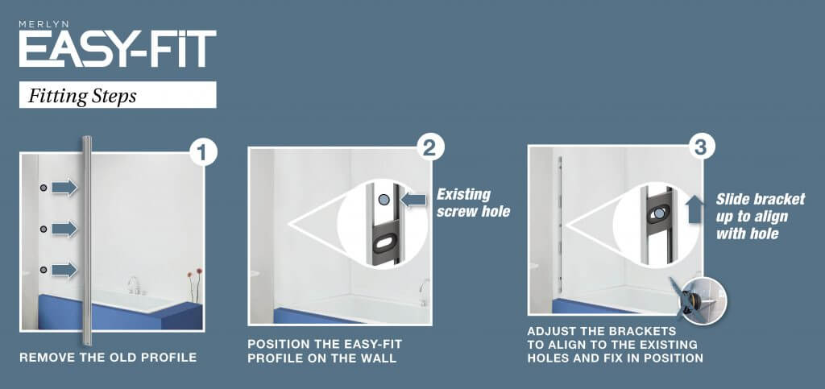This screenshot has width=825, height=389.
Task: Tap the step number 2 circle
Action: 431,148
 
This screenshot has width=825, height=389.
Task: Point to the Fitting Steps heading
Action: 82,96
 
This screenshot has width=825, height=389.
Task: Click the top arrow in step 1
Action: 64,187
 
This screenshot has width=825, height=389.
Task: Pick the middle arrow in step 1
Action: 64,229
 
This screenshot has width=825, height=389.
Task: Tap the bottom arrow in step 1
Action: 64,270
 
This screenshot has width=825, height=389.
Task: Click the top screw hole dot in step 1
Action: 44,188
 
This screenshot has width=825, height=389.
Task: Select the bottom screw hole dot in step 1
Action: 44,270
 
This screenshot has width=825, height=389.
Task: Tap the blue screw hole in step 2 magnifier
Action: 384,200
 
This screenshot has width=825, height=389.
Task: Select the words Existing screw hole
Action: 473,203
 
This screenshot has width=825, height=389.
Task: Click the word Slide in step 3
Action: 732,199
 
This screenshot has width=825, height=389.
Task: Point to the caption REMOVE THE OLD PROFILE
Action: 108,358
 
